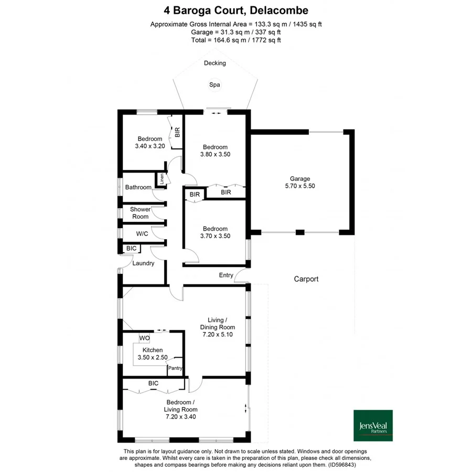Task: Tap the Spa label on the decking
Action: coord(214,84)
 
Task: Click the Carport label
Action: coord(306,279)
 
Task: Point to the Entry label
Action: coord(226,275)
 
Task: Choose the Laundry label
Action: coord(143,263)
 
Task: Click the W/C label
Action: coord(142,234)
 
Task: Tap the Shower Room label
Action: coord(140,213)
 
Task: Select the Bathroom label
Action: coord(138,187)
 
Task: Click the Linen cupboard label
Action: coord(162,179)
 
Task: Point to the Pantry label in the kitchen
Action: coord(175,369)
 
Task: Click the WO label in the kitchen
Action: coord(144,338)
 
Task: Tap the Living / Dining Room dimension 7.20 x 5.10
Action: coord(218,334)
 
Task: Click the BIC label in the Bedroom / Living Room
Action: coord(153,384)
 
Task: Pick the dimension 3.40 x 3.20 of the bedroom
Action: coord(150,146)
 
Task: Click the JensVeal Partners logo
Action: coord(373,425)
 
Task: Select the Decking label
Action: coord(215,63)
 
